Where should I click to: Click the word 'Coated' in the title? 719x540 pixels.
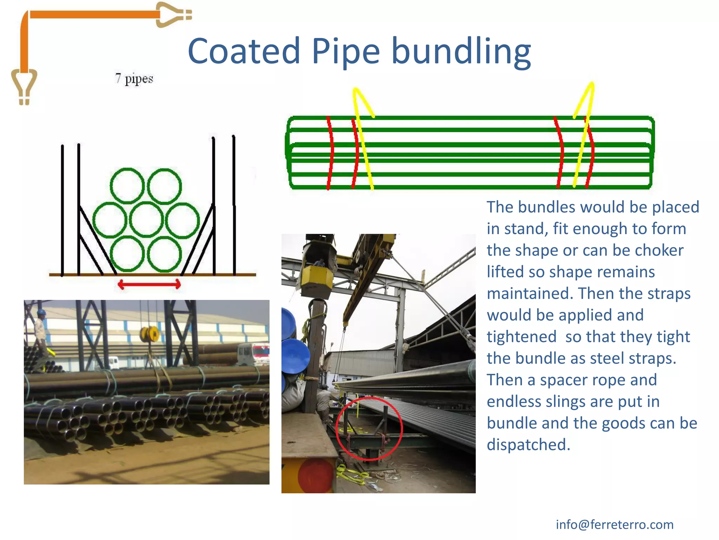[x=244, y=51]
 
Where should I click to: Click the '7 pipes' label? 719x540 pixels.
[x=134, y=78]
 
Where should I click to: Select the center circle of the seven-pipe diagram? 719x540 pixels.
[x=146, y=220]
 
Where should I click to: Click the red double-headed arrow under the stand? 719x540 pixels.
[x=149, y=284]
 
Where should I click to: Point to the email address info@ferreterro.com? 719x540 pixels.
[x=614, y=525]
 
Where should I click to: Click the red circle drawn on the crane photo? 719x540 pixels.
[x=369, y=428]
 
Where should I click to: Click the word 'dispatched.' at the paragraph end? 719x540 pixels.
[x=528, y=445]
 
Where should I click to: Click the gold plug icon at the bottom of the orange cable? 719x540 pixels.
[x=24, y=86]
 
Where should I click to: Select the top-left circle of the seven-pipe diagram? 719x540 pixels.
[x=127, y=186]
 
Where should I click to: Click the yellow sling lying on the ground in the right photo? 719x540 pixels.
[x=351, y=475]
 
